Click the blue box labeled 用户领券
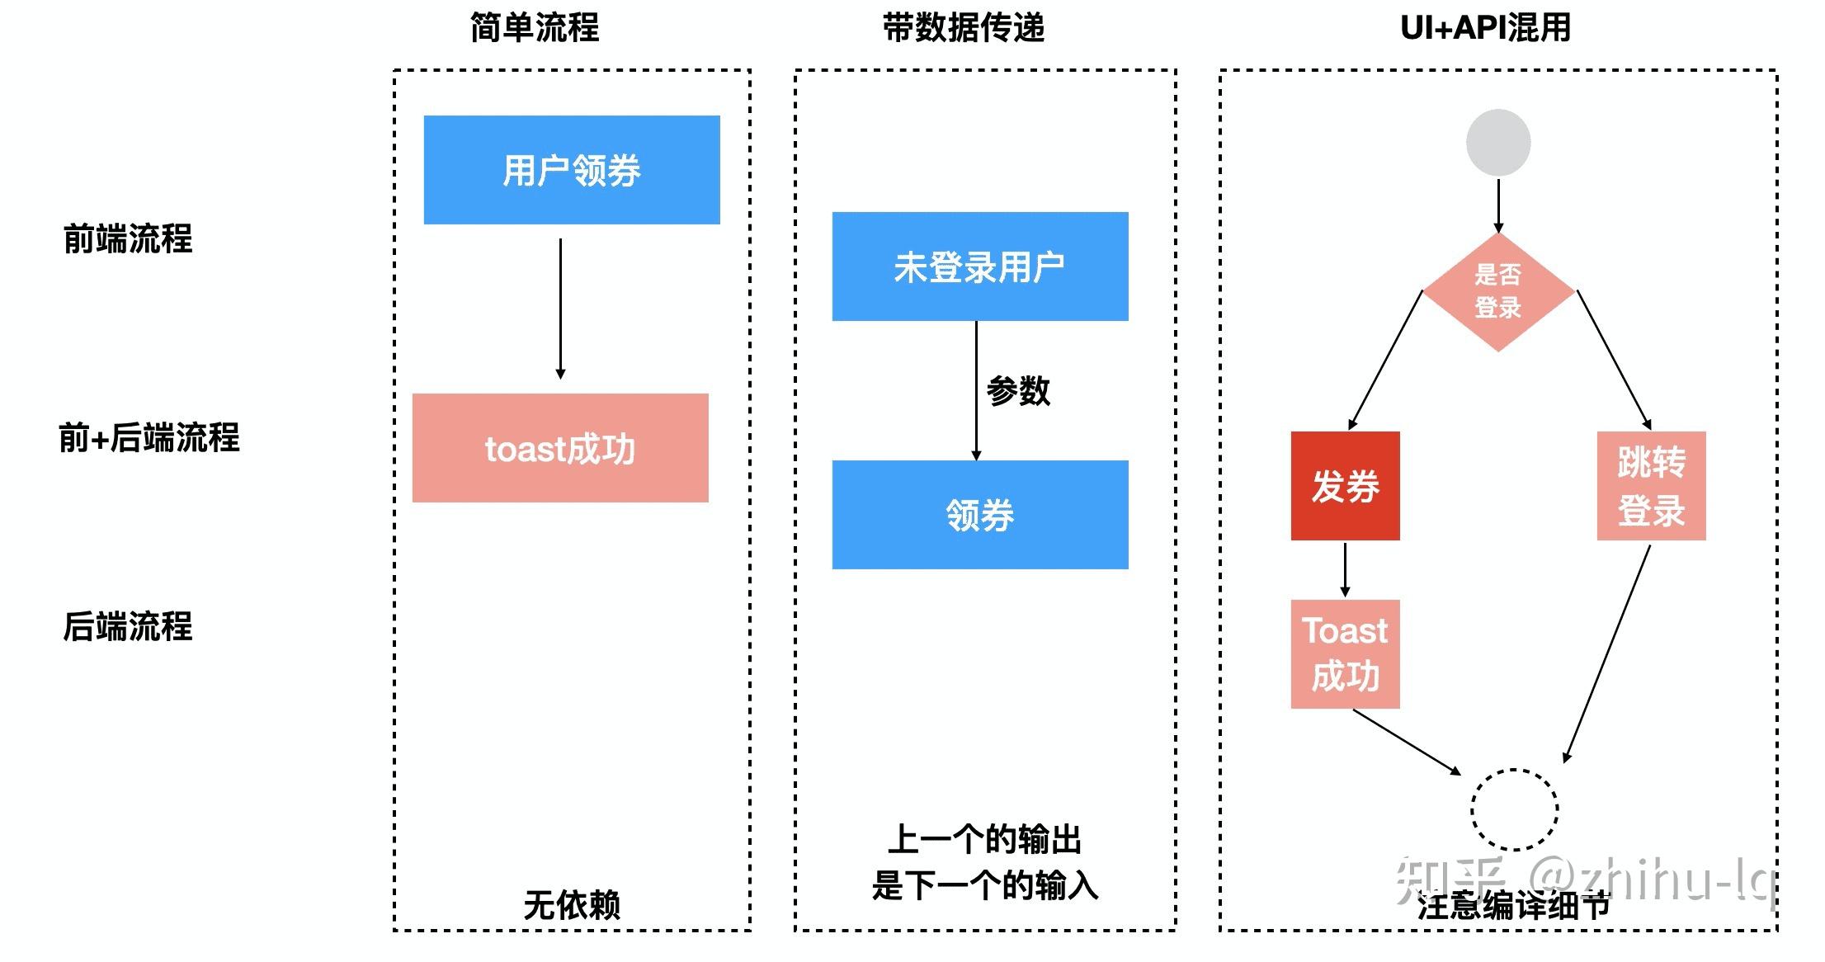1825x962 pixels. tap(572, 170)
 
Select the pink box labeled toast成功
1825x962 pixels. tap(560, 448)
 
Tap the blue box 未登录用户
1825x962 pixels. tap(979, 266)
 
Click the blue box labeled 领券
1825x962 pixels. tap(979, 515)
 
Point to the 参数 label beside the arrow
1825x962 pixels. tap(1018, 390)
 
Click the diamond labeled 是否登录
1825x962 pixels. tap(1498, 292)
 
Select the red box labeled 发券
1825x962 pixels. tap(1345, 486)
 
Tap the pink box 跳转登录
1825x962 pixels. tap(1651, 486)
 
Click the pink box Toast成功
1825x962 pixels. tap(1345, 654)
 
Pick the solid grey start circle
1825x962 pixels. tap(1498, 143)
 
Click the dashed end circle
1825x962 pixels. tap(1514, 809)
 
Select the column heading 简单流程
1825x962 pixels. tap(535, 28)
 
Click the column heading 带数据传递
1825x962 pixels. tap(963, 28)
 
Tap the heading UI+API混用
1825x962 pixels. tap(1485, 28)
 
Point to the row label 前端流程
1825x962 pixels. tap(128, 239)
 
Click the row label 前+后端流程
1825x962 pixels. tap(149, 437)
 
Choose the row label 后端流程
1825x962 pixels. tap(128, 626)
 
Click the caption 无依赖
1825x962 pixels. tap(572, 905)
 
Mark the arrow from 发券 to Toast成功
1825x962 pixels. tap(1345, 569)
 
